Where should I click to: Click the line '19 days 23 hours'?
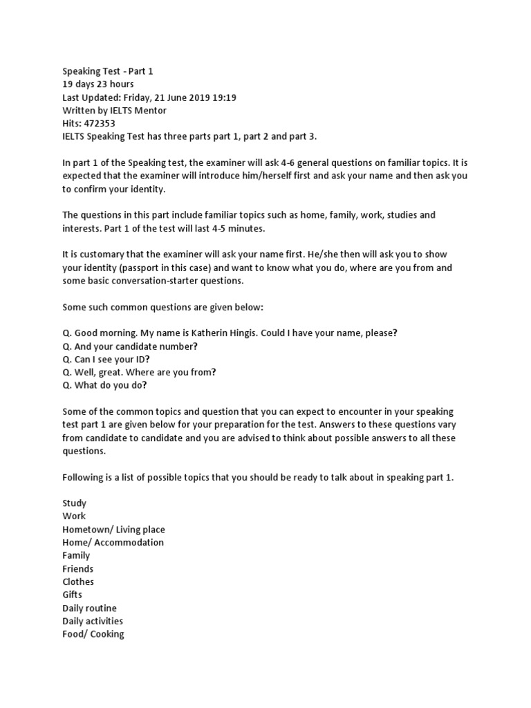pos(98,84)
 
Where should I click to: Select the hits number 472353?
pos(102,124)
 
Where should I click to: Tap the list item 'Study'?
pos(75,503)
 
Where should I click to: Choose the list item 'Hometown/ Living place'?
pos(113,529)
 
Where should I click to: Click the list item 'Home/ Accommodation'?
pos(113,542)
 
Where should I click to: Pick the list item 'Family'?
pos(76,555)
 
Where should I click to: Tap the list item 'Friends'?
pos(77,568)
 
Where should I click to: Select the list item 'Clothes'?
pos(78,581)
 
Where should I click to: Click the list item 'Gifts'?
pos(72,595)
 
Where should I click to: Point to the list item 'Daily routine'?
pos(89,608)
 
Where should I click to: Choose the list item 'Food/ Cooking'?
pos(93,634)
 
